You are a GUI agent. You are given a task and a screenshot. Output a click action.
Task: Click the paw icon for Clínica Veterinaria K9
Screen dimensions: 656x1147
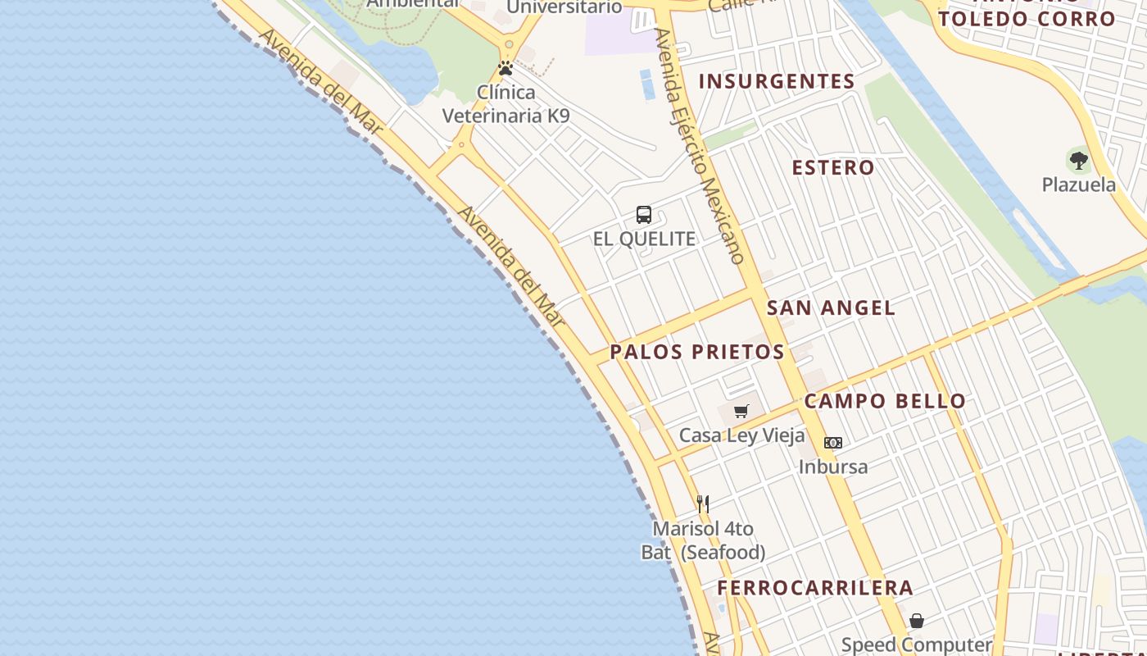tap(505, 68)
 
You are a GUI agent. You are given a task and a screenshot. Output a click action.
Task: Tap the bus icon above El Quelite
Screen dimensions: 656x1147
tap(644, 215)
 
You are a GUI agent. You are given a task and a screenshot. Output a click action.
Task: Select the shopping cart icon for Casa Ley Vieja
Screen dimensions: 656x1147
tap(741, 411)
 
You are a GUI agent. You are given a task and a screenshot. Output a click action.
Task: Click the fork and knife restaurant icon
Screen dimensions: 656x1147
tap(703, 503)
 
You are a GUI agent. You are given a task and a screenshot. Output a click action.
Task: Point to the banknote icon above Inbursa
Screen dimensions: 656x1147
tap(833, 443)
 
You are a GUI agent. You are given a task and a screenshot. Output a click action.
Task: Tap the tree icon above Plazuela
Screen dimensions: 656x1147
tap(1078, 160)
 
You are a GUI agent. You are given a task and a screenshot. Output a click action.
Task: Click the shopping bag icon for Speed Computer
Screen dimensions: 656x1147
tap(917, 621)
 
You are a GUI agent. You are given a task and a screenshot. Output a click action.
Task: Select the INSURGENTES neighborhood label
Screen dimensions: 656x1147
tap(777, 81)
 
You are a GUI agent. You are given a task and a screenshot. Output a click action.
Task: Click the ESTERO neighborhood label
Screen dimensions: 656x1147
tap(833, 167)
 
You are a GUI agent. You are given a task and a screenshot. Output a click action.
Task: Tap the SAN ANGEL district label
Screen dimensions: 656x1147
tap(831, 307)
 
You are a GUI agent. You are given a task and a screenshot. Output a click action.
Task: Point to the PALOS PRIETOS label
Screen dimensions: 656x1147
tap(697, 352)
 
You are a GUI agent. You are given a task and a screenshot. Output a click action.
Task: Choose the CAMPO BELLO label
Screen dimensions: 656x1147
tap(885, 401)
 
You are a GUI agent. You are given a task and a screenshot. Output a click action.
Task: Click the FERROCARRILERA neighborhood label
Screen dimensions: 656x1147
tap(815, 587)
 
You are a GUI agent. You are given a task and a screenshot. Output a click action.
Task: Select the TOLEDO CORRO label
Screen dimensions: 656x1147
tap(1027, 18)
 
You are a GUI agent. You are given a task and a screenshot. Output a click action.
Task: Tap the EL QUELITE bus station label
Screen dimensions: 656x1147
tap(644, 239)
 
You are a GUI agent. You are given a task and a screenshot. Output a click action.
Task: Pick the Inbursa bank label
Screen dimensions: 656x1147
tap(833, 467)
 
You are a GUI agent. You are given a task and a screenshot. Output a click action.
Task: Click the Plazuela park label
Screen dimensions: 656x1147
tap(1078, 184)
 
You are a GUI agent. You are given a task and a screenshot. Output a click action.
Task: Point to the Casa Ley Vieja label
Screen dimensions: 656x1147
tap(742, 435)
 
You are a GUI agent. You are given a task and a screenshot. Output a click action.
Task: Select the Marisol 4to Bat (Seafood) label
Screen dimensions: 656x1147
tap(703, 540)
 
